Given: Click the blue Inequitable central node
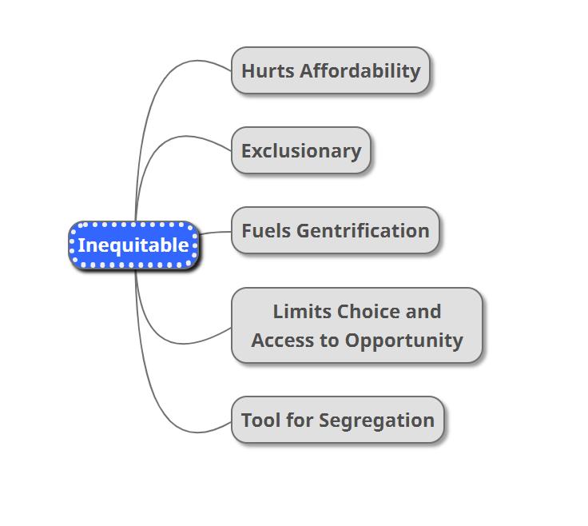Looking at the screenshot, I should tap(133, 245).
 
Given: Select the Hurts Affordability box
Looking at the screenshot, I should tap(331, 70).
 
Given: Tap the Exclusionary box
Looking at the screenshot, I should tap(301, 150).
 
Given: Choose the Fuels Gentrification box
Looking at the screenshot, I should tap(336, 231).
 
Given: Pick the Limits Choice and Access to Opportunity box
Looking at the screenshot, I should tap(357, 325).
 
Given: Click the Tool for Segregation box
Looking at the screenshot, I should tap(337, 420).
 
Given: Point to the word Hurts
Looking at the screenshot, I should tap(268, 70).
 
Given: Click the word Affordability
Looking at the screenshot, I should tap(360, 70).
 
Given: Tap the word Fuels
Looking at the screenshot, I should tap(266, 231).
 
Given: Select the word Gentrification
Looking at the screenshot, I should tap(363, 231).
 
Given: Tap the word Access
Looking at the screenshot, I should tap(284, 340).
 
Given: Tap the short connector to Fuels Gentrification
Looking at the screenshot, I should tap(214, 233).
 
